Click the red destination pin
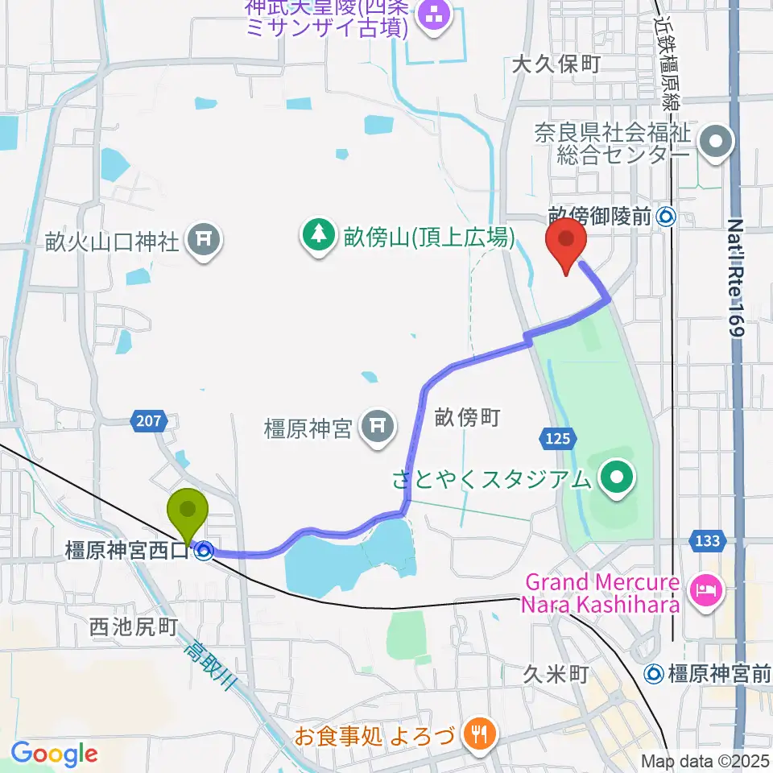[x=565, y=242]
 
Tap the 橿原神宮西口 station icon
[x=204, y=552]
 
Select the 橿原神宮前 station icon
[x=656, y=672]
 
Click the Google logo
[x=55, y=754]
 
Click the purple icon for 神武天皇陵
[x=435, y=14]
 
